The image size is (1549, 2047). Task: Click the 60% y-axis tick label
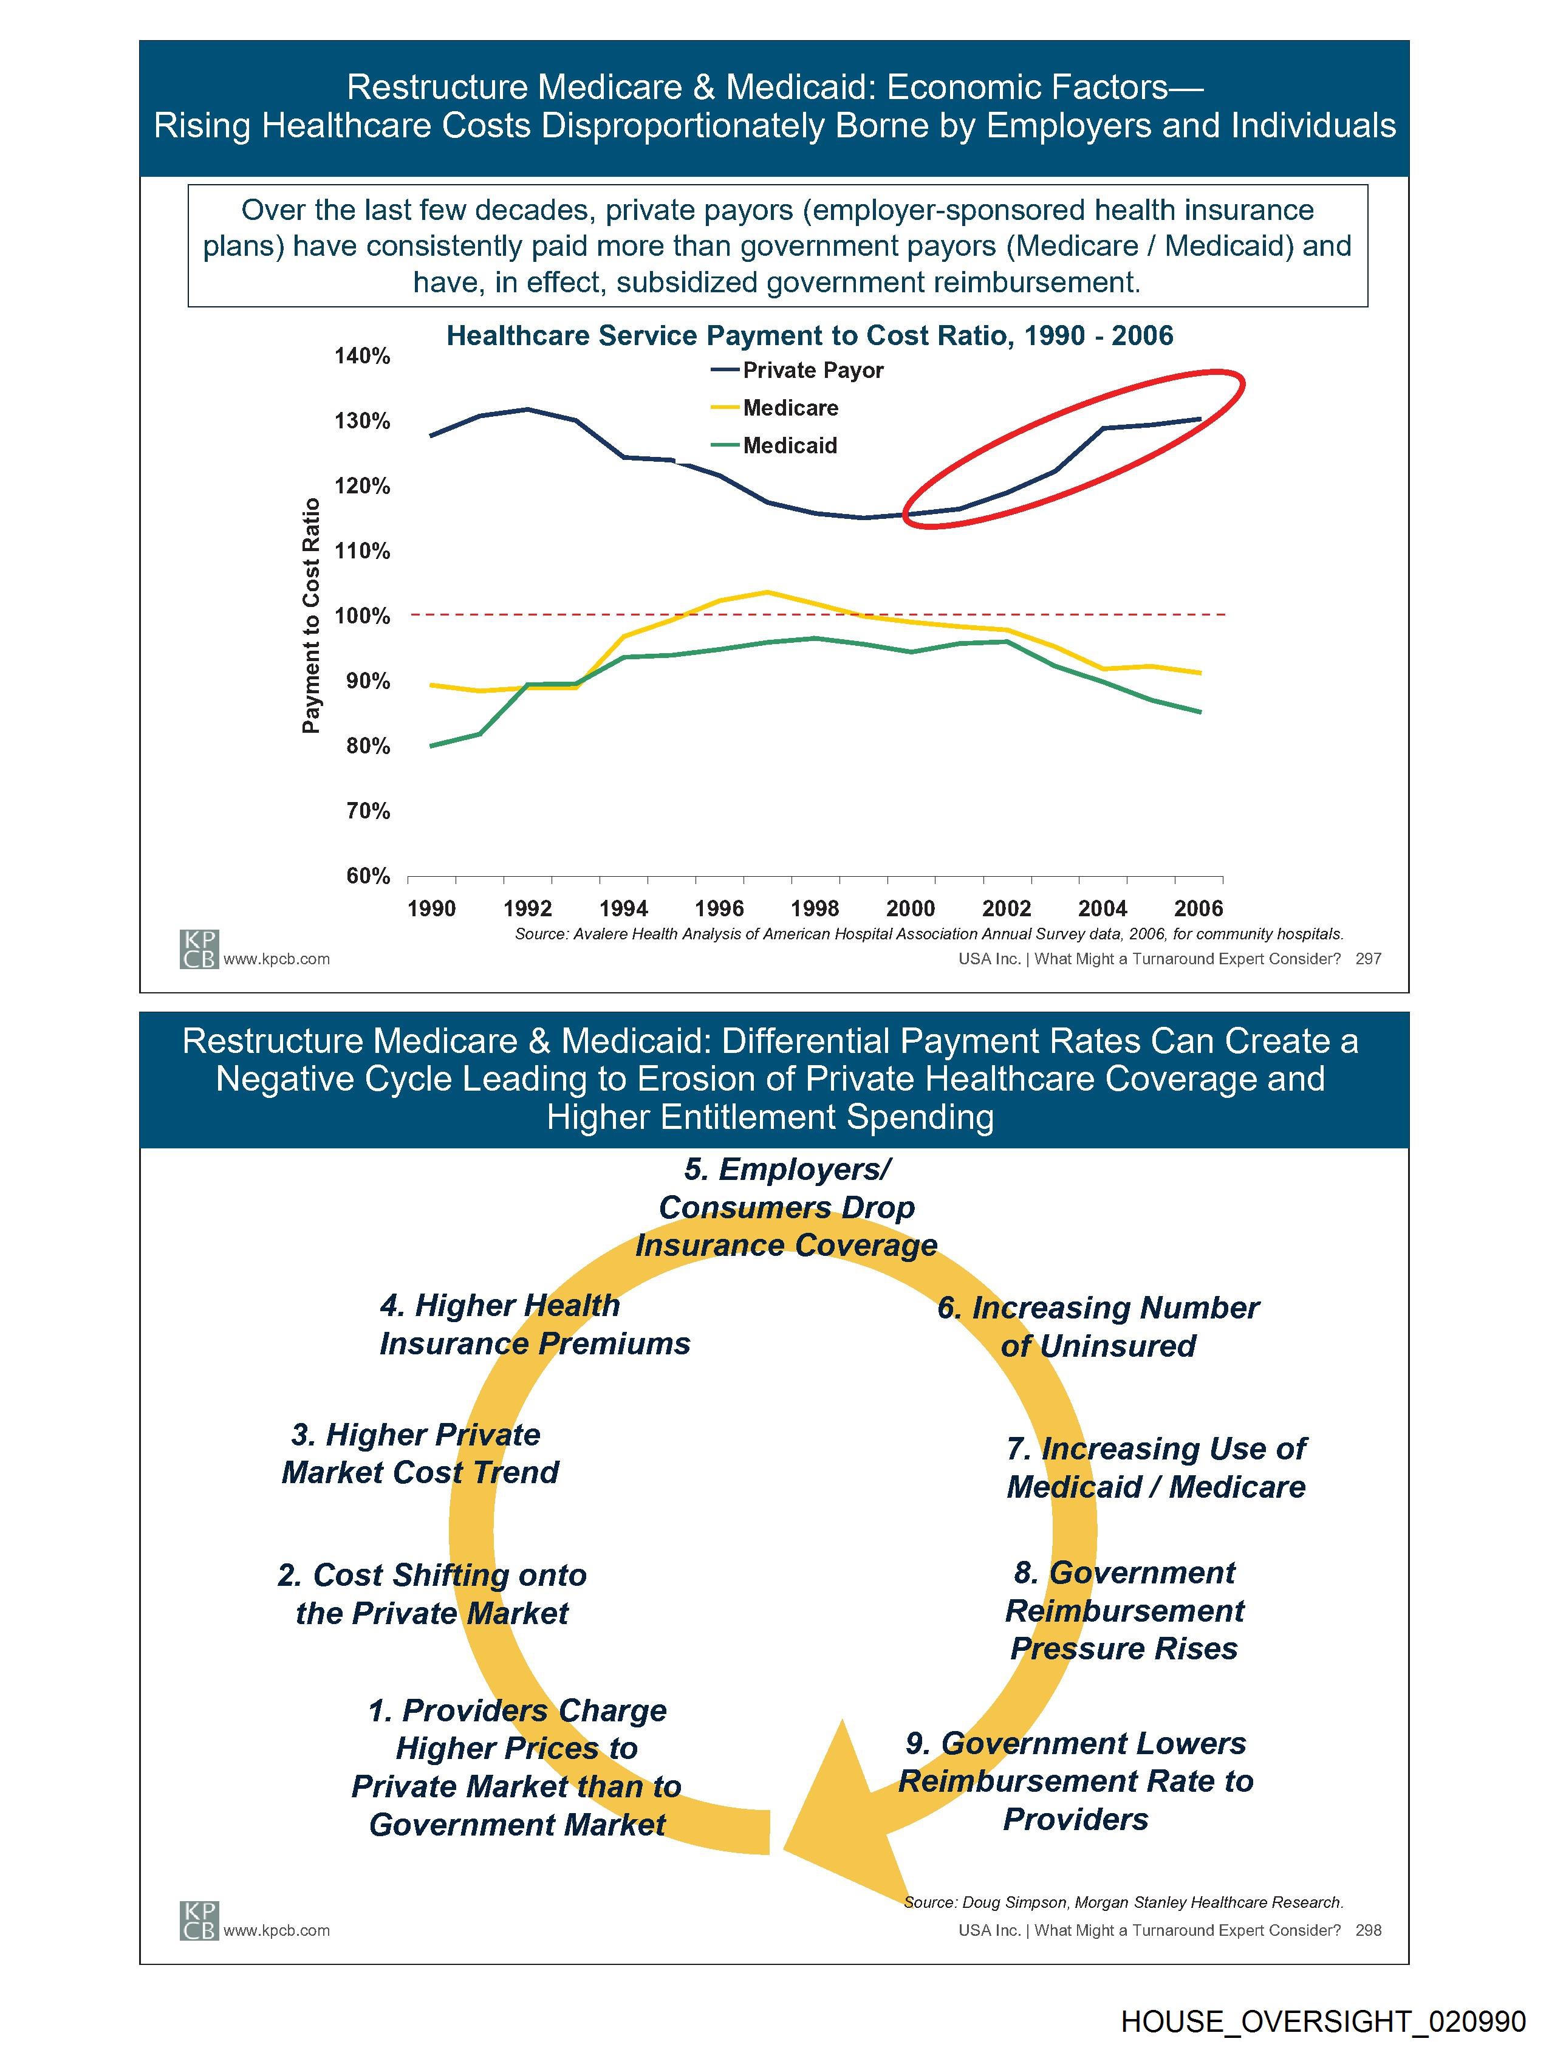(368, 876)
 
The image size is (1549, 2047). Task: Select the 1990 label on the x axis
(431, 909)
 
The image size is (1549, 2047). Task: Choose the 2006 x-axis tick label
(1199, 909)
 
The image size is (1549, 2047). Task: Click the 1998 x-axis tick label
(815, 909)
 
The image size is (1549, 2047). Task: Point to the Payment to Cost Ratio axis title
(311, 615)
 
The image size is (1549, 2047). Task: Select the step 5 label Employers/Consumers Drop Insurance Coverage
(787, 1208)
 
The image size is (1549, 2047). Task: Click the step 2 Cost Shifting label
(432, 1594)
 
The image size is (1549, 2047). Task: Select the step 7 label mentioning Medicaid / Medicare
(1157, 1468)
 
